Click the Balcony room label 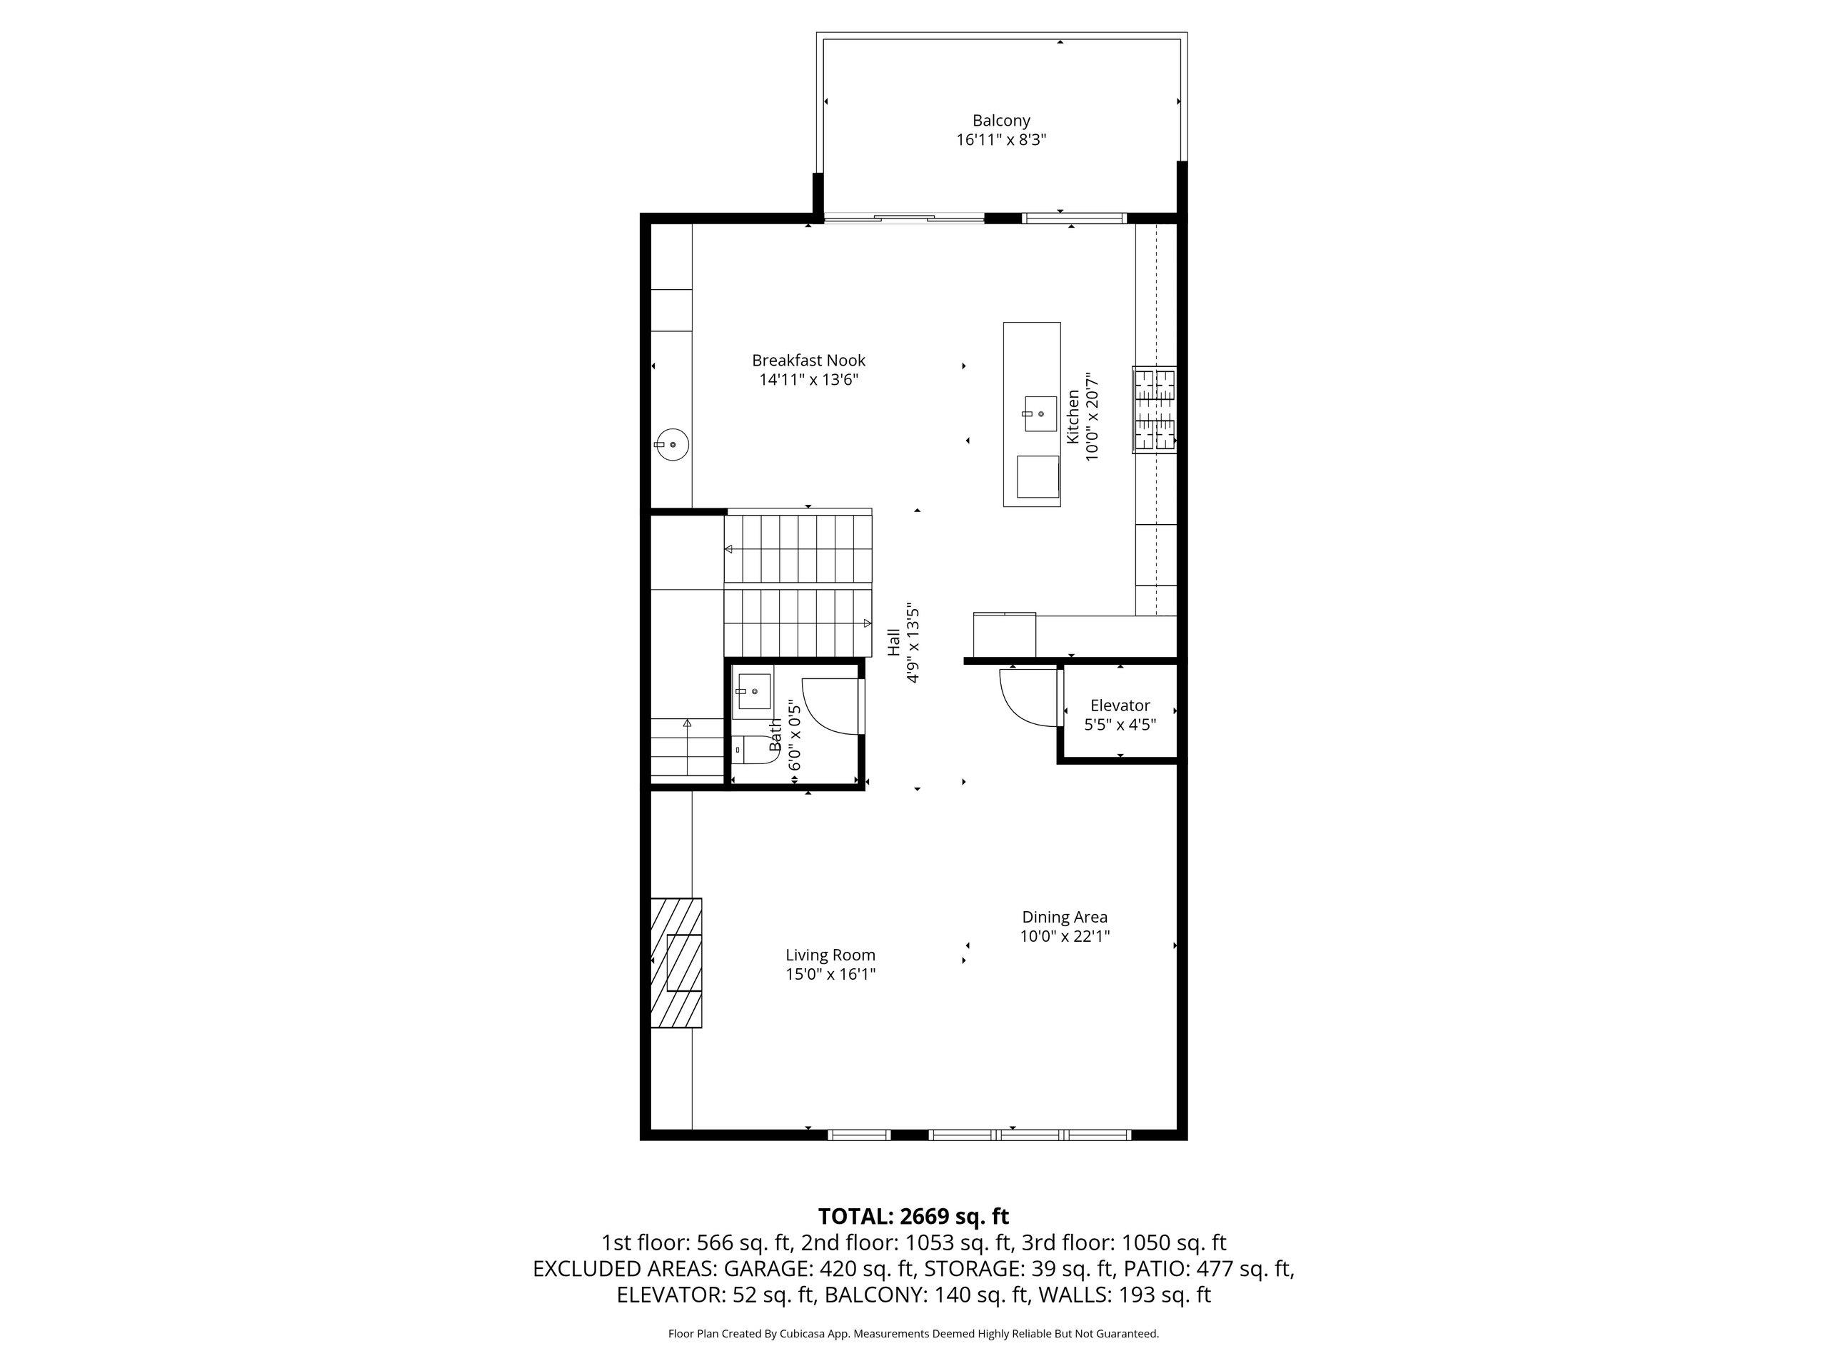click(x=1001, y=121)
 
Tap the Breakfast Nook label click(x=808, y=361)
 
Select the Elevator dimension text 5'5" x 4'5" click(x=1120, y=725)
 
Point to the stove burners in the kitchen click(x=1155, y=409)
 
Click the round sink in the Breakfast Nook click(x=673, y=445)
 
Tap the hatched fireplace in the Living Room click(x=677, y=963)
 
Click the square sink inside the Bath click(x=753, y=692)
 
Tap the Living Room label click(x=830, y=955)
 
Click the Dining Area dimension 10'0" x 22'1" click(x=1065, y=936)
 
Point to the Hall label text click(x=893, y=642)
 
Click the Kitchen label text click(x=1073, y=416)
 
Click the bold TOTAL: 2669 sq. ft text click(x=913, y=1217)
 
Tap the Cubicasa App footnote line click(x=913, y=1333)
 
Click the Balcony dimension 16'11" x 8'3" click(x=1001, y=141)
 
